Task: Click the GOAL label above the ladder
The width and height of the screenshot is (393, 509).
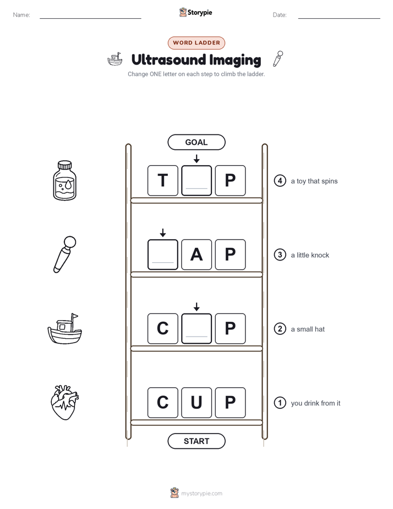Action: click(197, 142)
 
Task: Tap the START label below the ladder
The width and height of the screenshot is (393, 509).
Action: click(197, 441)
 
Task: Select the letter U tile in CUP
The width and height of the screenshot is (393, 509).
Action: click(197, 403)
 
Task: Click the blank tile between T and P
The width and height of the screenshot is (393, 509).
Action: click(197, 181)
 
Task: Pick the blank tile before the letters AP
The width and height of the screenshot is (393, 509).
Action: click(163, 254)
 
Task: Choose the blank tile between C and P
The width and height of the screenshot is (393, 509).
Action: click(197, 328)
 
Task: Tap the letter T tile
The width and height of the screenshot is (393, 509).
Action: click(163, 181)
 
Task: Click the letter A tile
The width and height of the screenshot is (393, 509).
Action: click(197, 254)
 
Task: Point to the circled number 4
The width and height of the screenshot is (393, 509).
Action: click(280, 181)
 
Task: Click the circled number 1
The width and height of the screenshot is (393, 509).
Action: click(280, 403)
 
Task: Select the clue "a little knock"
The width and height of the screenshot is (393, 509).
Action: click(310, 255)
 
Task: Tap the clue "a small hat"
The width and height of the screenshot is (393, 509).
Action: click(308, 329)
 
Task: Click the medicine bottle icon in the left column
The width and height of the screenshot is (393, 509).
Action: click(64, 181)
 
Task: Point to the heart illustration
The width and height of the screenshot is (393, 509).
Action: click(65, 403)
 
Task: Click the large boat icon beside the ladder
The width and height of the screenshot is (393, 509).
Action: click(65, 328)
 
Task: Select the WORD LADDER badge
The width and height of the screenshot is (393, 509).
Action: click(197, 43)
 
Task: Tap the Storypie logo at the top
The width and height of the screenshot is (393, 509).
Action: click(196, 12)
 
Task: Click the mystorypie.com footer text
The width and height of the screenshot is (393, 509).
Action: click(201, 494)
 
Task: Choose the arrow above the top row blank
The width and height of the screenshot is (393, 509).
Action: click(197, 159)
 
